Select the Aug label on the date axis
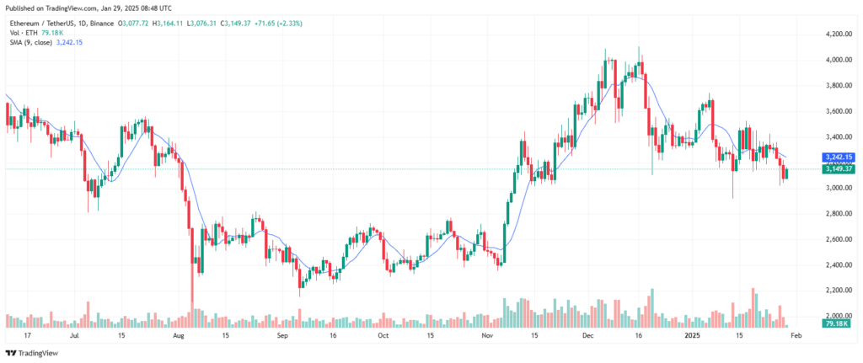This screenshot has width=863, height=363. click(x=177, y=335)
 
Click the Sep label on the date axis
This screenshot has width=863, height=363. click(x=282, y=335)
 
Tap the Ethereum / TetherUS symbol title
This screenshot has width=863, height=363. click(x=44, y=21)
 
